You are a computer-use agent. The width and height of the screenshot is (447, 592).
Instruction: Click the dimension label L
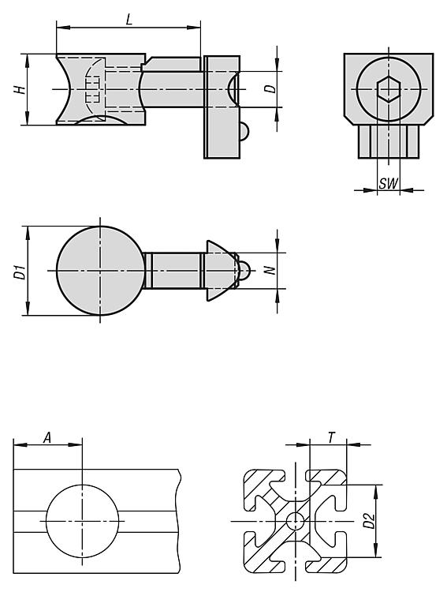[129, 20]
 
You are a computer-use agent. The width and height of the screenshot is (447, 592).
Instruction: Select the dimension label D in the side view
[270, 89]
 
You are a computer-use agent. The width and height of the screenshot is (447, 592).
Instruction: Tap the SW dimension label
[388, 183]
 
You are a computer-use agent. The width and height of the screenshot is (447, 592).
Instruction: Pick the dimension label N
[270, 270]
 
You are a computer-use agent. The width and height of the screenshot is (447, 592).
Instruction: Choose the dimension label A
[47, 438]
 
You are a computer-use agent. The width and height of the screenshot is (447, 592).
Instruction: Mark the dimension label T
[331, 438]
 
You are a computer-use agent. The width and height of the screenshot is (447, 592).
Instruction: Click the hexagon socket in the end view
[388, 89]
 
